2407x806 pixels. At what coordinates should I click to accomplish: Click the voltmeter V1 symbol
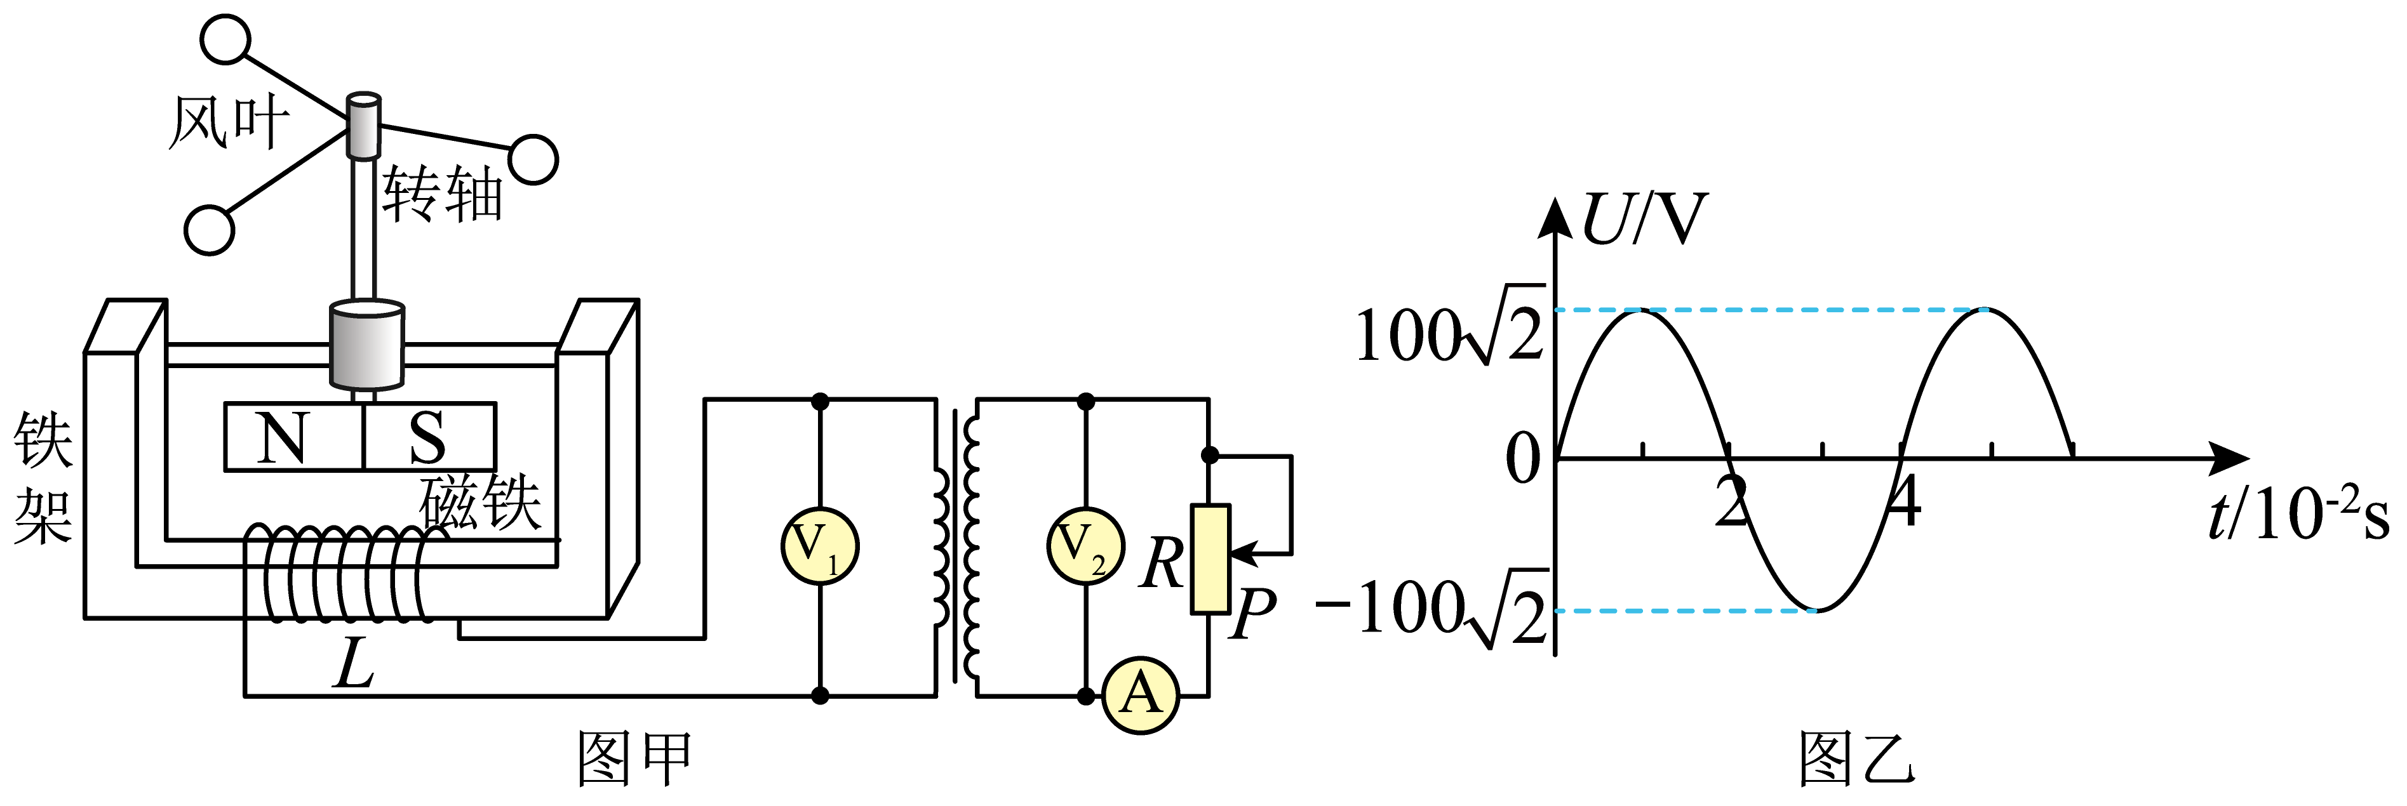(x=819, y=546)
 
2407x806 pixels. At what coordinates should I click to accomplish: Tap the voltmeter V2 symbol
(x=1085, y=546)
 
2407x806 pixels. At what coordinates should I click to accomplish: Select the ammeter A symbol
(x=1140, y=695)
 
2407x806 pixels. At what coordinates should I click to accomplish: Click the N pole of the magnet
(x=293, y=436)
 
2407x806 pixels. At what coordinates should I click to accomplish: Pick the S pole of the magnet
(x=429, y=436)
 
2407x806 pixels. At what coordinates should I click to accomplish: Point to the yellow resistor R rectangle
(x=1210, y=558)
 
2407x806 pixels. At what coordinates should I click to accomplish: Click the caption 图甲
(x=634, y=758)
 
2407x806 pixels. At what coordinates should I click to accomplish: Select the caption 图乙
(x=1856, y=758)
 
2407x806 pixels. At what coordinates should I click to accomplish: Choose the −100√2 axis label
(x=1431, y=609)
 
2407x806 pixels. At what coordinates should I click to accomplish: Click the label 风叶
(x=229, y=122)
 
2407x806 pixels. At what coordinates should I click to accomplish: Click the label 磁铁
(x=480, y=503)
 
